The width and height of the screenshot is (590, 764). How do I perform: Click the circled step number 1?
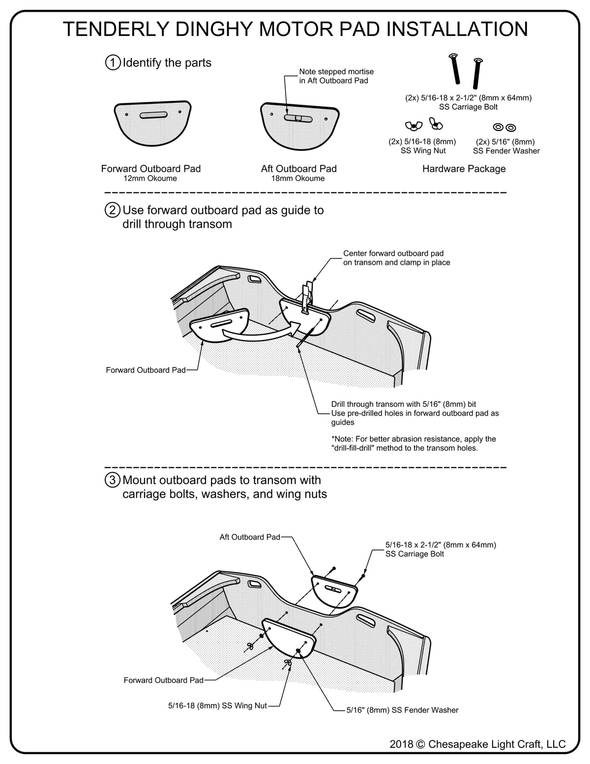pyautogui.click(x=113, y=63)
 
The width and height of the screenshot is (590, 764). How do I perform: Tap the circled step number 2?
pyautogui.click(x=113, y=211)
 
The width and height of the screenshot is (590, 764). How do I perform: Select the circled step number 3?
pyautogui.click(x=113, y=480)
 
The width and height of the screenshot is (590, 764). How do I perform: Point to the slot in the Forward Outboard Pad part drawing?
pyautogui.click(x=153, y=116)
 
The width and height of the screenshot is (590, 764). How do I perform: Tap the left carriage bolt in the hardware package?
pyautogui.click(x=455, y=70)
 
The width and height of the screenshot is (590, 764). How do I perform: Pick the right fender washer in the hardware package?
pyautogui.click(x=511, y=128)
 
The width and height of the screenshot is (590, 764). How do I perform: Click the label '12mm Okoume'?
pyautogui.click(x=150, y=179)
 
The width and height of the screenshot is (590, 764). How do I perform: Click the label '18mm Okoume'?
pyautogui.click(x=298, y=179)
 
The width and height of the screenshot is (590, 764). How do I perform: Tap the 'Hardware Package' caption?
pyautogui.click(x=464, y=169)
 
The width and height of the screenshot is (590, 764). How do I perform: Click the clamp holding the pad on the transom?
pyautogui.click(x=307, y=297)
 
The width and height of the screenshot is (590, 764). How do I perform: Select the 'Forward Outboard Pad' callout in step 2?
pyautogui.click(x=146, y=370)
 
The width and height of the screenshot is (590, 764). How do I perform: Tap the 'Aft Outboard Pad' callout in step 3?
pyautogui.click(x=250, y=537)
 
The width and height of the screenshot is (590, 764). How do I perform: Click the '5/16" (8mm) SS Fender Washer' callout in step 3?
pyautogui.click(x=402, y=710)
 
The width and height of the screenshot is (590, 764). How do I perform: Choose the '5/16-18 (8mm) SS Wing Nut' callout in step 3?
pyautogui.click(x=217, y=705)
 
